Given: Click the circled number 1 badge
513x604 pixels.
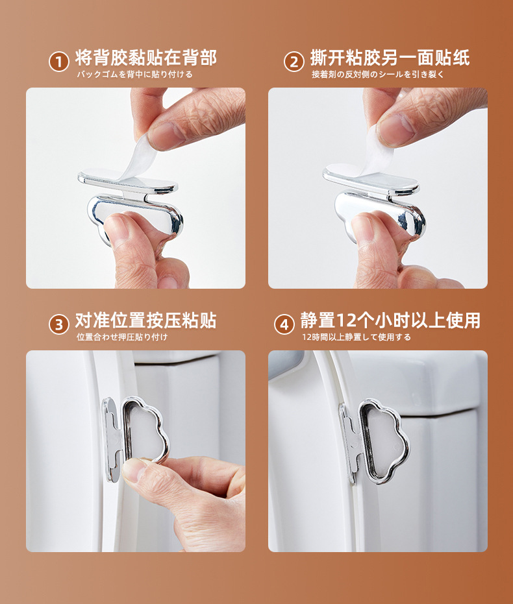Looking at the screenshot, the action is (58, 62).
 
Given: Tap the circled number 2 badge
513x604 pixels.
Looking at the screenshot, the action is (294, 62).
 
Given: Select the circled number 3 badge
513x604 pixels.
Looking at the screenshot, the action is (58, 324).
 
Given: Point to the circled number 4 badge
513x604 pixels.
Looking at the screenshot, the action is (284, 324).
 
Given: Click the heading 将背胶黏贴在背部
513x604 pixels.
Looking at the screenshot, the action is (146, 58).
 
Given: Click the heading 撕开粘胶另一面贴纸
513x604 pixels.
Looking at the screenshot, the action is (390, 58).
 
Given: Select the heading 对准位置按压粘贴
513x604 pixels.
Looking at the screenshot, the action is (146, 320).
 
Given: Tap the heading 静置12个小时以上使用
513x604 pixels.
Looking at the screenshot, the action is (390, 320).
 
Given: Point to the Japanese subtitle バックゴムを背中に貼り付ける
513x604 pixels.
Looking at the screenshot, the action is (134, 75).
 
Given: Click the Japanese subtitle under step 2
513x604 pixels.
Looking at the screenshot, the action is (378, 75).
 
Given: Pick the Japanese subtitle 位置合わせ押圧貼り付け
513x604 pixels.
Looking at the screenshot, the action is (122, 337).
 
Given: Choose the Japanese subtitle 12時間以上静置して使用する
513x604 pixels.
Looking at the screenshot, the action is (356, 337).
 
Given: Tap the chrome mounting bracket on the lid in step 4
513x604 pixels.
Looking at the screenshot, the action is (349, 443).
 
